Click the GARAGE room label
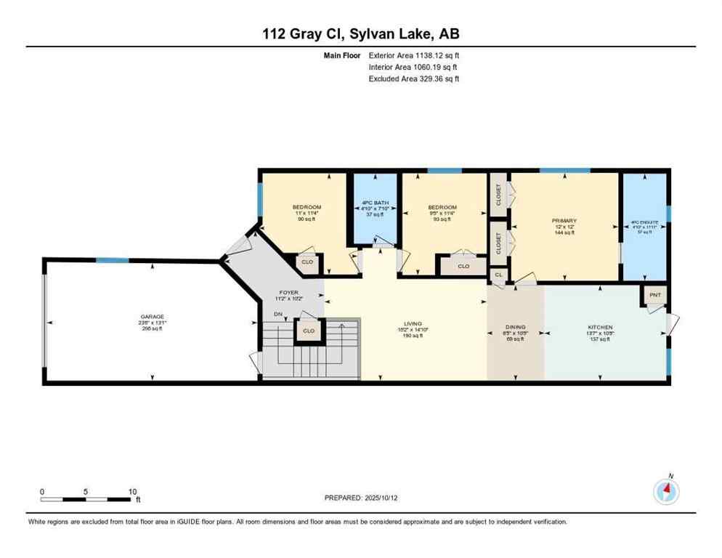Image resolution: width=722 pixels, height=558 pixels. pyautogui.click(x=153, y=317)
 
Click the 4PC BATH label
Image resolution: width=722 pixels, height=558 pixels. pyautogui.click(x=375, y=203)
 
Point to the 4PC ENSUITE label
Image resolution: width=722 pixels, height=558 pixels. pyautogui.click(x=644, y=225)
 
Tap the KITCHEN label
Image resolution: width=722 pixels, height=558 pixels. pyautogui.click(x=600, y=328)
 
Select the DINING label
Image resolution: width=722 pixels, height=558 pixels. pyautogui.click(x=515, y=328)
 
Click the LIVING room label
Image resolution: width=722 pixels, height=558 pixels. pyautogui.click(x=413, y=324)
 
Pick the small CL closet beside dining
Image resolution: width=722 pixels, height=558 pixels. pyautogui.click(x=498, y=275)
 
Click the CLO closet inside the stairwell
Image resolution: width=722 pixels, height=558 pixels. pyautogui.click(x=309, y=331)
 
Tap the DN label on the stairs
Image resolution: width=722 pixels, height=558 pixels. pyautogui.click(x=277, y=314)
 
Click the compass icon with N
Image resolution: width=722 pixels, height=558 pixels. pyautogui.click(x=665, y=491)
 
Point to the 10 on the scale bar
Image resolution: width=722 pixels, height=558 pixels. pyautogui.click(x=132, y=491)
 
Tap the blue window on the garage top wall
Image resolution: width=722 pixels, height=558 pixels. pyautogui.click(x=113, y=260)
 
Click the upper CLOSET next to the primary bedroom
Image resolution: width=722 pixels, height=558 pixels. pyautogui.click(x=498, y=194)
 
